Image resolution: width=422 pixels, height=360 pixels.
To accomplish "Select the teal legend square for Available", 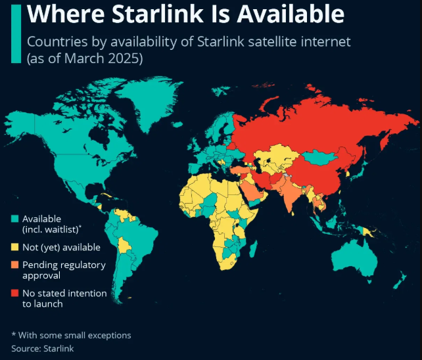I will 14,219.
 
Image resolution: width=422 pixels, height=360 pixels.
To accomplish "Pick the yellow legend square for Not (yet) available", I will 14,248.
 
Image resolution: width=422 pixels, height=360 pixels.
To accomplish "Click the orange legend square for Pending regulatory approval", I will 14,265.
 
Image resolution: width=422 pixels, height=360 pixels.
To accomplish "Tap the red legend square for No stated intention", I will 14,293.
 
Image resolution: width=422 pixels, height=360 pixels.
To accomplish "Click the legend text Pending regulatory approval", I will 64,270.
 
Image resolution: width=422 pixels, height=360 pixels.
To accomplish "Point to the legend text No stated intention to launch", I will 64,298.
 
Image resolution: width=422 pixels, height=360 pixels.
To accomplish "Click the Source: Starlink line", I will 43,348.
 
